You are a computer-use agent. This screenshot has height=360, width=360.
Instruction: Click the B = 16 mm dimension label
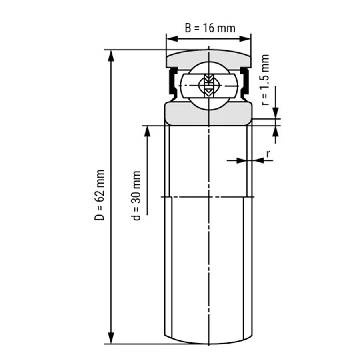[x=210, y=28]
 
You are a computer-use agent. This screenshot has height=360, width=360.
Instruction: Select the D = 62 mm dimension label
[x=100, y=195]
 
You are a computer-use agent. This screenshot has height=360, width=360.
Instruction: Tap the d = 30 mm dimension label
[x=136, y=195]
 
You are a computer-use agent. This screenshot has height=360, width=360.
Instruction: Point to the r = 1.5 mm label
[x=265, y=80]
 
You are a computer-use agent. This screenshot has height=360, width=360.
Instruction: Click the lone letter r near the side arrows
[x=268, y=154]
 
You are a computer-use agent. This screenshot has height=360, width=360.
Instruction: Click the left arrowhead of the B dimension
[x=172, y=39]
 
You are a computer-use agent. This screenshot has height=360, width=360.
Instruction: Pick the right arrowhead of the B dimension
[x=245, y=39]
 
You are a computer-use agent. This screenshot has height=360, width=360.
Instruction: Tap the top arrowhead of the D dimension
[x=111, y=56]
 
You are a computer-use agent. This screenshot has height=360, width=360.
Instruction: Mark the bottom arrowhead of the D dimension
[x=111, y=338]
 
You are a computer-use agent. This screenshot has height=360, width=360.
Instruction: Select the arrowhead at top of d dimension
[x=147, y=132]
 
